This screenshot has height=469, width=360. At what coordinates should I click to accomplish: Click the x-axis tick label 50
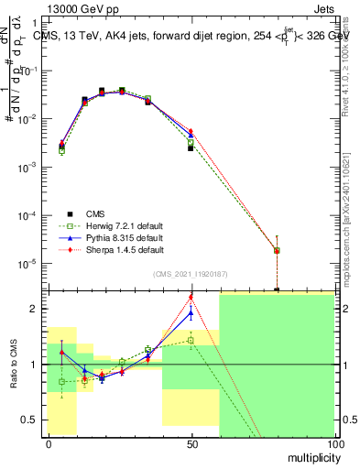click(x=191, y=443)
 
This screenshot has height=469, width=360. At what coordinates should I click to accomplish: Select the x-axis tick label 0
click(x=48, y=443)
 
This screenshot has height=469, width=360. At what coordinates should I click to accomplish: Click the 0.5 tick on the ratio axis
click(x=31, y=420)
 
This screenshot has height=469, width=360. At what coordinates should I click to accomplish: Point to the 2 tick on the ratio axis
click(x=35, y=309)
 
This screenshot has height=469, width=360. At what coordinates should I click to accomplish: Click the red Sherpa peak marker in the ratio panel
click(x=191, y=297)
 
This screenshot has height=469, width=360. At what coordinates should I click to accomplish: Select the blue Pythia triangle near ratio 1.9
click(x=191, y=312)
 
